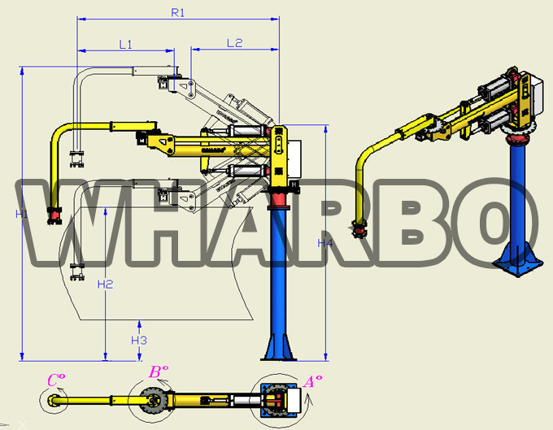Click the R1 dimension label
(178, 13)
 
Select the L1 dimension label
(125, 45)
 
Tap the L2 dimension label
(234, 43)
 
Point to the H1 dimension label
(21, 214)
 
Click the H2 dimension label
(105, 284)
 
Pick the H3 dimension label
(139, 340)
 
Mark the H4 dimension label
(324, 243)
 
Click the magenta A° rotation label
(313, 381)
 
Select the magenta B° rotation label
(159, 371)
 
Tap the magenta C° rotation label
(56, 380)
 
